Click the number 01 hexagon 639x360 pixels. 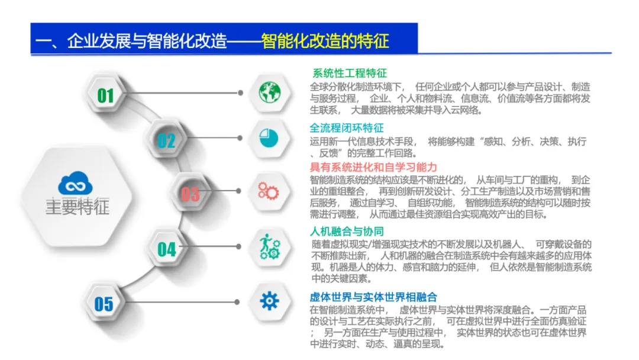[105, 95]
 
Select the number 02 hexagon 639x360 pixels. [166, 140]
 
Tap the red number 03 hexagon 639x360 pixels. [190, 194]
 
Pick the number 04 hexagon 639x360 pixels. [166, 249]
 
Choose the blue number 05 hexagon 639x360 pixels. [104, 304]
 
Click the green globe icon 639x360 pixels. [269, 92]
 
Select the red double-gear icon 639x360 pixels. [269, 191]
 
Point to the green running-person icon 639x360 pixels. [269, 246]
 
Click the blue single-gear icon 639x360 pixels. [269, 301]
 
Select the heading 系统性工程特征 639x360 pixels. [350, 73]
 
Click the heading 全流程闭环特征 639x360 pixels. [347, 127]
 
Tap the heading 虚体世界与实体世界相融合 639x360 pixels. [373, 297]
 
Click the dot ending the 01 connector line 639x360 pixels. [241, 93]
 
